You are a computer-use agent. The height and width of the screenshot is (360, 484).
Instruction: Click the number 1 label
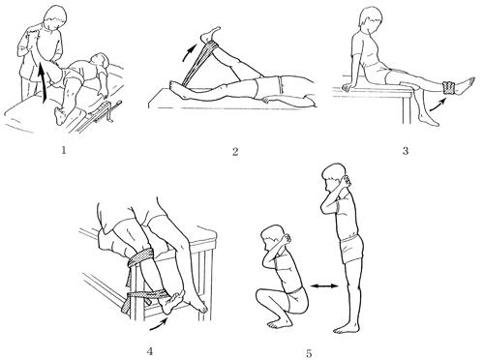pyautogui.click(x=64, y=150)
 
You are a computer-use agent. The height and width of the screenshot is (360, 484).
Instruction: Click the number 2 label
pyautogui.click(x=235, y=151)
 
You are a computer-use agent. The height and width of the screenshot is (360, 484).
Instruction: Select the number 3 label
pyautogui.click(x=406, y=150)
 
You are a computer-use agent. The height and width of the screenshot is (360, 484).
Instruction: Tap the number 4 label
pyautogui.click(x=149, y=351)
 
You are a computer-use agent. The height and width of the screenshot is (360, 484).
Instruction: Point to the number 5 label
pyautogui.click(x=309, y=353)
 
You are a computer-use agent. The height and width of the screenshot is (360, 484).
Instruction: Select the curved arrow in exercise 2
pyautogui.click(x=189, y=51)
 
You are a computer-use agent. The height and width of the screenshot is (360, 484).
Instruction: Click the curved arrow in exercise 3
pyautogui.click(x=438, y=104)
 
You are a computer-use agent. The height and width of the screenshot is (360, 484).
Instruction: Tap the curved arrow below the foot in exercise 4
pyautogui.click(x=160, y=325)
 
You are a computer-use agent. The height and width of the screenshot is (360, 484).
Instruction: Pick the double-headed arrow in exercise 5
pyautogui.click(x=324, y=285)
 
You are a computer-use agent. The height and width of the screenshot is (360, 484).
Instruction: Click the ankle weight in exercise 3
pyautogui.click(x=449, y=88)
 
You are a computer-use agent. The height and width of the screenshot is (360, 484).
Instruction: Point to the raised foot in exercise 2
pyautogui.click(x=210, y=34)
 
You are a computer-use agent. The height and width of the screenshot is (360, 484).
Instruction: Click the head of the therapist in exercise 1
pyautogui.click(x=54, y=17)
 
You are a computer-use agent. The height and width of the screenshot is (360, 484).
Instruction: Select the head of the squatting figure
pyautogui.click(x=272, y=238)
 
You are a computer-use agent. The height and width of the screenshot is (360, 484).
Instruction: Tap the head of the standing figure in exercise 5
pyautogui.click(x=334, y=178)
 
